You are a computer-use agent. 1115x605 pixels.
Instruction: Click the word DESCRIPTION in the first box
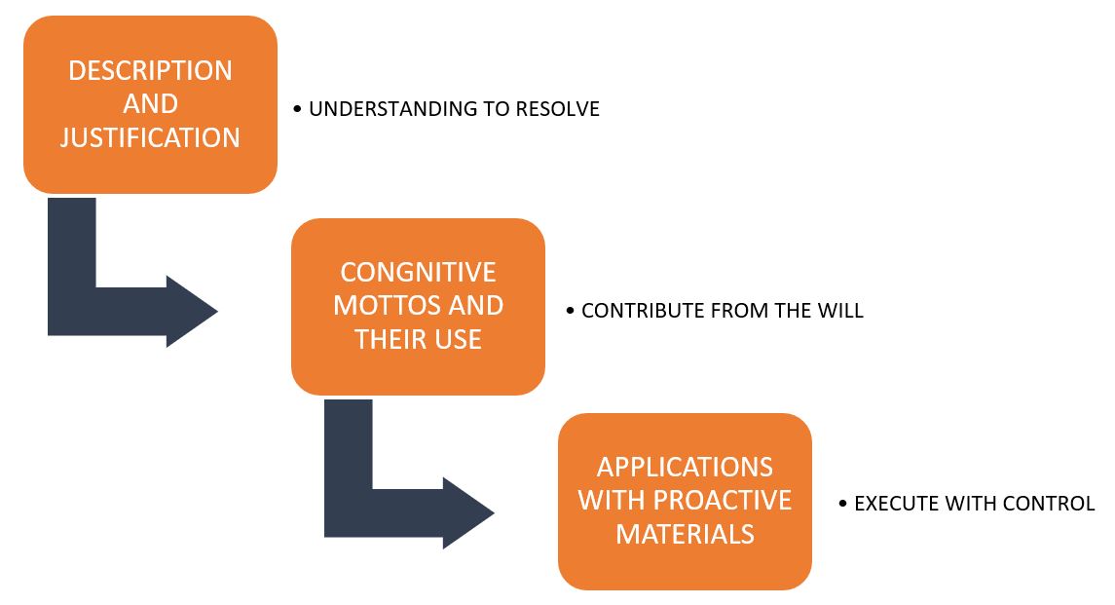[150, 70]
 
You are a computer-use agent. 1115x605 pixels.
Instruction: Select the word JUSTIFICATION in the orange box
[150, 137]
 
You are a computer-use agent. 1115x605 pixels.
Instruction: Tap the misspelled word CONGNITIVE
[418, 272]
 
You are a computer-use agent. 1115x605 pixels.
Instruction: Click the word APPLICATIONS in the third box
[685, 467]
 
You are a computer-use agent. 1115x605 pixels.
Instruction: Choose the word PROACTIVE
[723, 501]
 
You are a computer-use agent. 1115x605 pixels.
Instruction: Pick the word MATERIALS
[685, 534]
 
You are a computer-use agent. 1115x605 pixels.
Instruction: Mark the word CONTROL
[1048, 504]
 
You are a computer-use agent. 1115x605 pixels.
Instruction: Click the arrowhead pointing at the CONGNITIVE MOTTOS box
[191, 311]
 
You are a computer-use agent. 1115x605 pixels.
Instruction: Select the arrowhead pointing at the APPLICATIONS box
[467, 512]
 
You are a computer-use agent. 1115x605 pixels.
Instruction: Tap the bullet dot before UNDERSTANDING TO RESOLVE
[297, 109]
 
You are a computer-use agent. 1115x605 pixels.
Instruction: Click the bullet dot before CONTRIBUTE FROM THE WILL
[571, 311]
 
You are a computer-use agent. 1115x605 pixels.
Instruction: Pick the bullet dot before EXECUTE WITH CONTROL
[843, 504]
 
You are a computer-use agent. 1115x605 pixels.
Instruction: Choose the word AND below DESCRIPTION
[150, 104]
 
